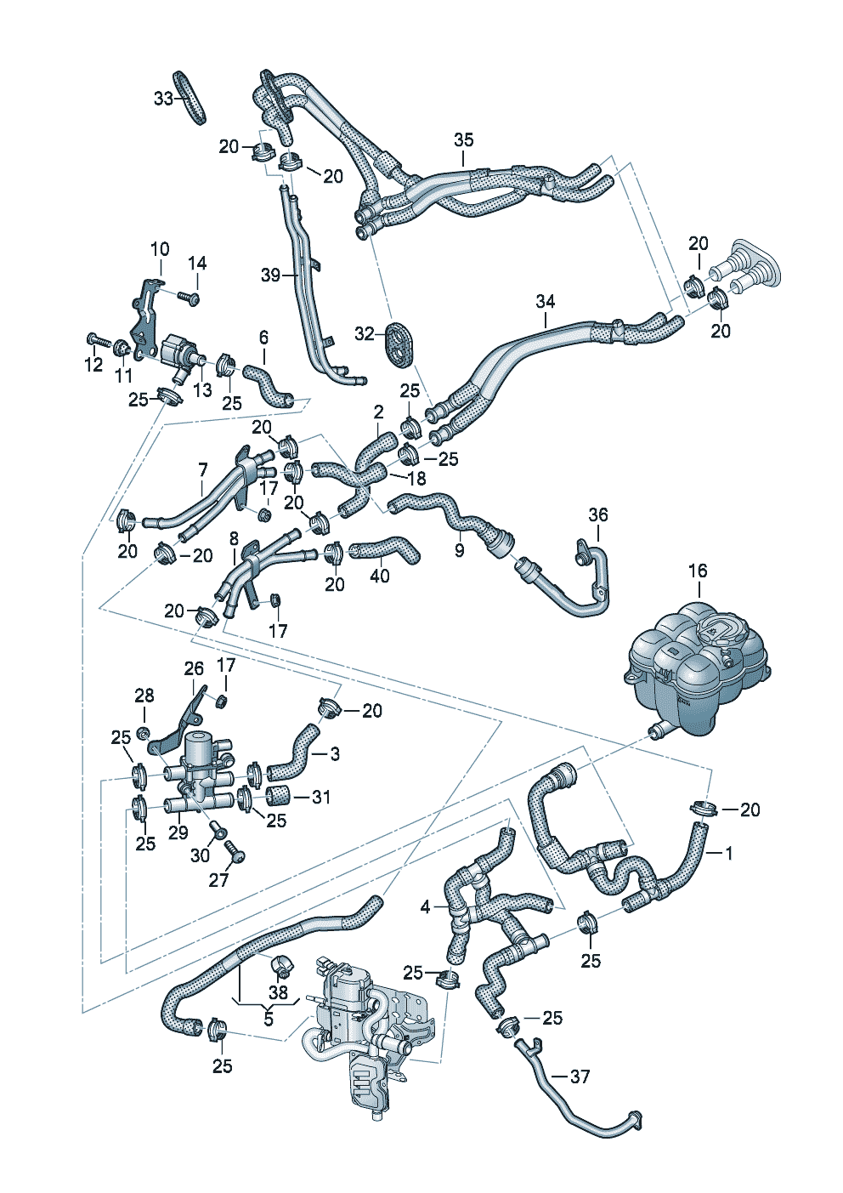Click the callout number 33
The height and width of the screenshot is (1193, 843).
point(164,99)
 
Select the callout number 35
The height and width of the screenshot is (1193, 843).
point(463,140)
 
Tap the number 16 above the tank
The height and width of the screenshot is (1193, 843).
point(698,571)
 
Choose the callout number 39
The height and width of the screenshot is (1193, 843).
point(270,276)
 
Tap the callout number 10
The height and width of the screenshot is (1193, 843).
point(160,249)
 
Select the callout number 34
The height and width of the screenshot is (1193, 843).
point(546,302)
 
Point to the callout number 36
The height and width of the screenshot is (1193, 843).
point(598,515)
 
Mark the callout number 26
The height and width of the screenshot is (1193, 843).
point(194,668)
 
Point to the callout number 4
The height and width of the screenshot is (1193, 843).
point(425,906)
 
